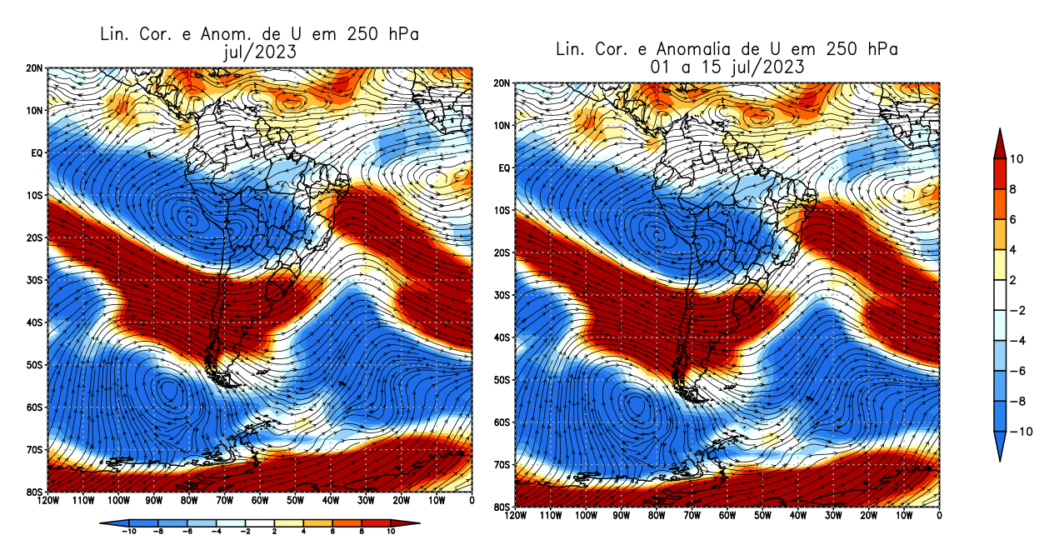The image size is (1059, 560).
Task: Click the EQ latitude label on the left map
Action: pyautogui.click(x=37, y=153)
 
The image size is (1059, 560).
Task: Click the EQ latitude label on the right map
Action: pyautogui.click(x=502, y=168)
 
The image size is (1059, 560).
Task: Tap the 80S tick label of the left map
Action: pyautogui.click(x=35, y=492)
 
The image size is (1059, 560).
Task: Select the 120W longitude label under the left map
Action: pyautogui.click(x=47, y=501)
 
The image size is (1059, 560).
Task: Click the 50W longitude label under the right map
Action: pyautogui.click(x=762, y=516)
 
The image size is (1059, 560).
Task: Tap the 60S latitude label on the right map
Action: pyautogui.click(x=501, y=422)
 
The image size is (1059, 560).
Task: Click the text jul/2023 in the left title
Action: pyautogui.click(x=258, y=52)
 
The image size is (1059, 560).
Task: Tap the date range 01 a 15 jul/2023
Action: pyautogui.click(x=727, y=67)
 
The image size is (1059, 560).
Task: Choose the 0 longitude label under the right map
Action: pyautogui.click(x=939, y=516)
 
